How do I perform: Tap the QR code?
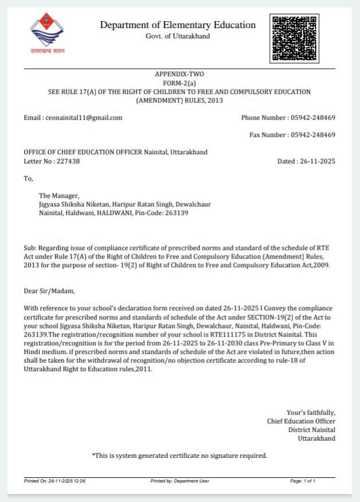click(294, 38)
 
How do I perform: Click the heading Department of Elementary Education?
click(178, 25)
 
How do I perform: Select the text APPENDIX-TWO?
click(179, 74)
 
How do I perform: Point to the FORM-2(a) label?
click(179, 83)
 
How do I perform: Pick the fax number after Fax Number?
click(313, 135)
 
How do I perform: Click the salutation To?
click(29, 178)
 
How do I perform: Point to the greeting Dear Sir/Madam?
click(49, 291)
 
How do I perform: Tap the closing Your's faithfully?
click(311, 413)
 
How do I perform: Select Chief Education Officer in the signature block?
click(301, 421)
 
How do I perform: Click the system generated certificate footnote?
click(179, 456)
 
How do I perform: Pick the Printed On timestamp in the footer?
click(54, 481)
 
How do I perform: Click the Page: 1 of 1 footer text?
click(303, 481)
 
